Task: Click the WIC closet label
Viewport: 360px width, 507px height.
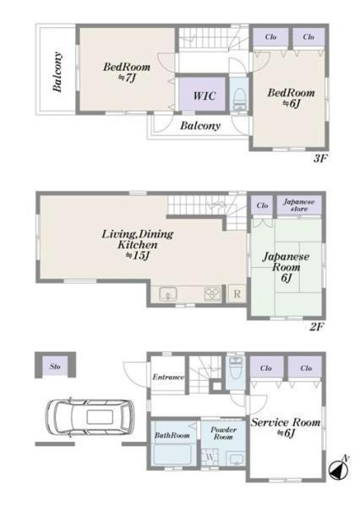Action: tap(205, 95)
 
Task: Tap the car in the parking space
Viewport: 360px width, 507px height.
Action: tap(90, 417)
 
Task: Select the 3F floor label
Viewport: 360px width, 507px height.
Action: tap(320, 159)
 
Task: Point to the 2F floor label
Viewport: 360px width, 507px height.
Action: tap(316, 326)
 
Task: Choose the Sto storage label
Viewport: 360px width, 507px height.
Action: tap(55, 367)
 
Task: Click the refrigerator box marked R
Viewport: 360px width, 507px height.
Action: tap(237, 293)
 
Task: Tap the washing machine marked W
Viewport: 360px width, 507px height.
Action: tap(210, 457)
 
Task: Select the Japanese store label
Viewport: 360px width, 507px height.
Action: tap(298, 205)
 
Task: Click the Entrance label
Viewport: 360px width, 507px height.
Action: tap(168, 377)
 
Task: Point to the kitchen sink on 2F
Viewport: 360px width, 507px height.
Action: tap(168, 294)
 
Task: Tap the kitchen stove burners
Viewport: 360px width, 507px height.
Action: tap(212, 294)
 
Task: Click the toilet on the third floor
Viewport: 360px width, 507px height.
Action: tap(239, 99)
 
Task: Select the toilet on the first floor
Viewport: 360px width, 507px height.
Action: tap(235, 368)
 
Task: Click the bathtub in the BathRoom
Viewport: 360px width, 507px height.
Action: tap(173, 455)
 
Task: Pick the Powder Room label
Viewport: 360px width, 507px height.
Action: tap(223, 433)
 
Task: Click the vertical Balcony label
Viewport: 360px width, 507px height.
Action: tap(57, 72)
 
